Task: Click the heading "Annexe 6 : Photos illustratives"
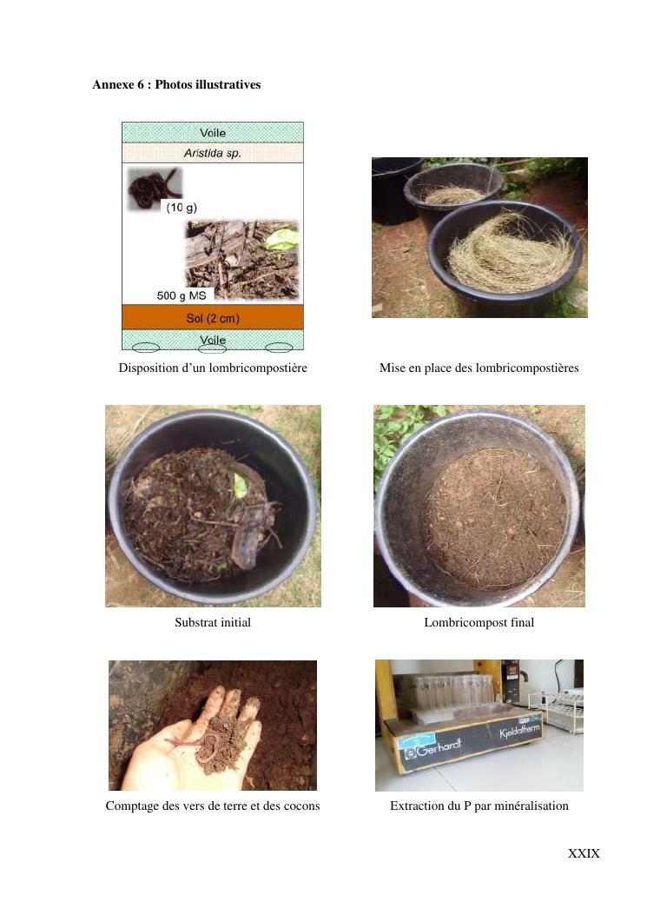(x=176, y=84)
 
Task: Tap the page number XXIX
(x=584, y=853)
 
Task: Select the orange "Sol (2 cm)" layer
(x=213, y=317)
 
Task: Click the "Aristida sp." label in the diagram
(x=213, y=153)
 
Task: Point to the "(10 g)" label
(x=182, y=207)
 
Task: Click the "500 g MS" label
(x=182, y=295)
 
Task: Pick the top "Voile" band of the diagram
(x=213, y=132)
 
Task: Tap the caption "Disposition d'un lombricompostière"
(x=213, y=368)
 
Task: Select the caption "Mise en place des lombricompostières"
(x=479, y=368)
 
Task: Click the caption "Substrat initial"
(x=213, y=622)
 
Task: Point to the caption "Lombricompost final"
(x=479, y=622)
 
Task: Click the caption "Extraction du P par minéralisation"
(x=479, y=806)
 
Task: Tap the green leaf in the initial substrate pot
(x=239, y=486)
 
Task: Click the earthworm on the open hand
(x=195, y=748)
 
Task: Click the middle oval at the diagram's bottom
(x=213, y=348)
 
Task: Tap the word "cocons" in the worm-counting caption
(x=300, y=806)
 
